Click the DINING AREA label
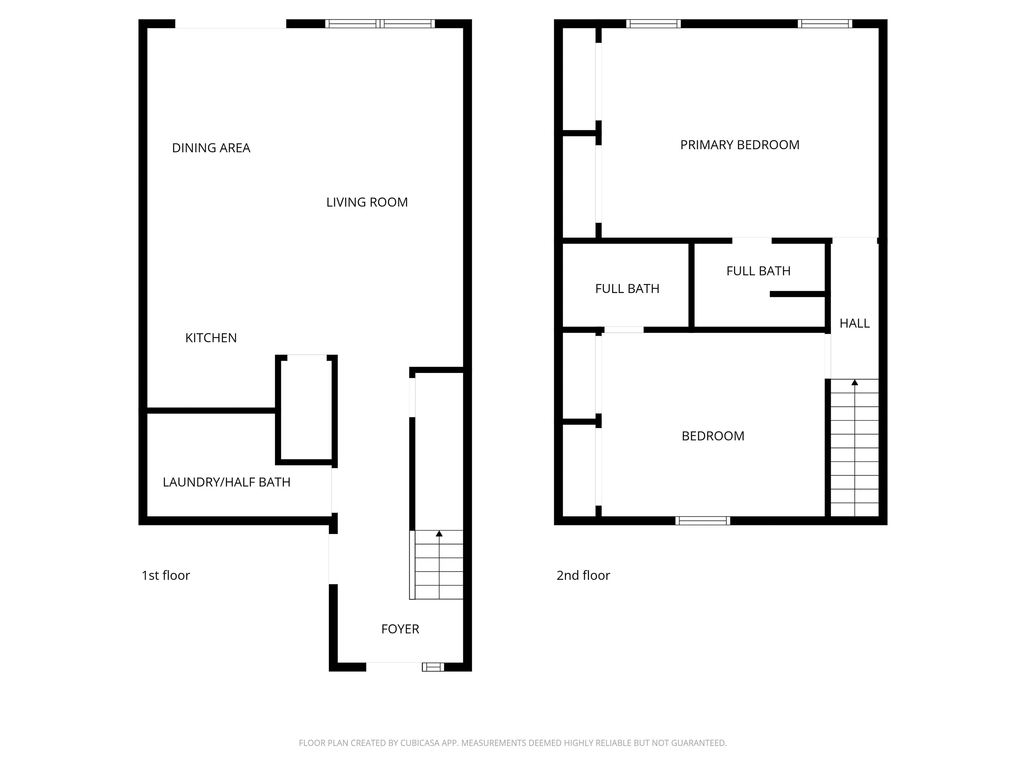[211, 148]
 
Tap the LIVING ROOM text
[367, 202]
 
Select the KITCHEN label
[211, 338]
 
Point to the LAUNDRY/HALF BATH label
[226, 482]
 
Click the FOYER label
[400, 629]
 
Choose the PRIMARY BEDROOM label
[739, 145]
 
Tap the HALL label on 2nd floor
[854, 323]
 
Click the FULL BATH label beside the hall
[758, 271]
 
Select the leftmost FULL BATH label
[627, 289]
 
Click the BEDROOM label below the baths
[712, 436]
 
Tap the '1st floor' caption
[165, 576]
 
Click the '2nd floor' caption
[583, 576]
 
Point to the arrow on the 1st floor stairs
[439, 534]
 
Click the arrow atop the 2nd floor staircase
[854, 383]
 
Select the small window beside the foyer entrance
[433, 667]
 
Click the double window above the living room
[379, 23]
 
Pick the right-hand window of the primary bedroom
[825, 23]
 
